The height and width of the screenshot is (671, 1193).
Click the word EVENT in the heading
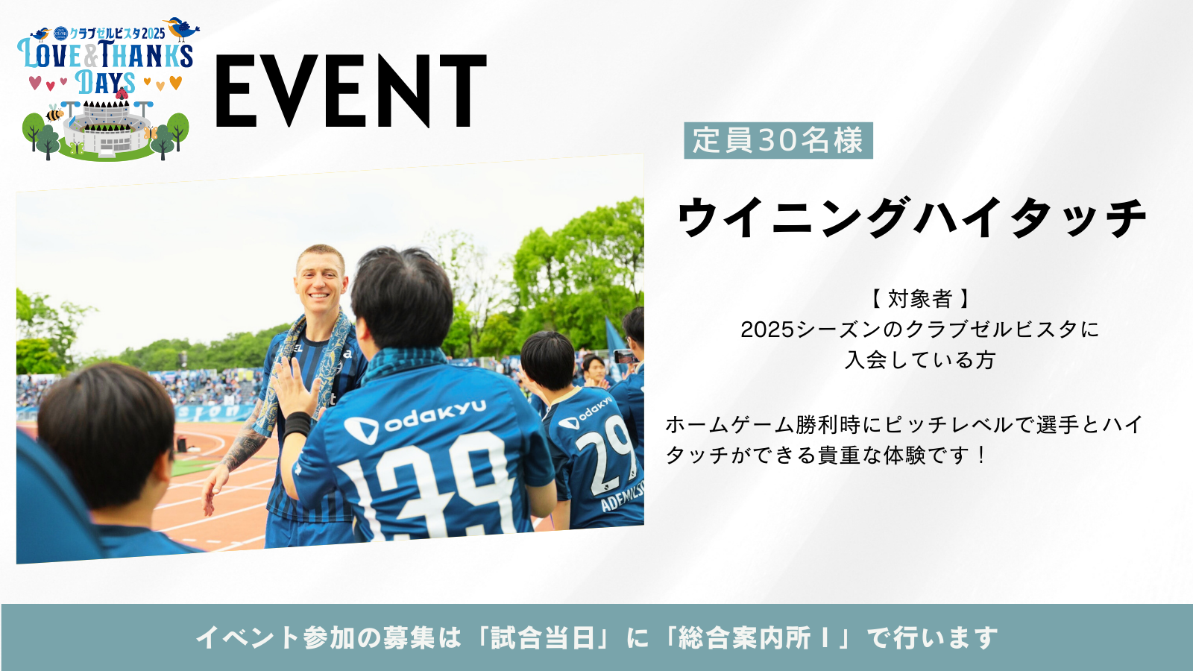point(351,91)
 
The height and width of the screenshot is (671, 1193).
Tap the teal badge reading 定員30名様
point(778,141)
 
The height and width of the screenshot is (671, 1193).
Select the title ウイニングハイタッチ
point(912,217)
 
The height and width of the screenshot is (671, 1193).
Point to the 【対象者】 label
point(920,299)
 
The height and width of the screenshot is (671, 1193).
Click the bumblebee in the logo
point(54,113)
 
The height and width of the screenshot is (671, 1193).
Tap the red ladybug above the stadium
point(122,94)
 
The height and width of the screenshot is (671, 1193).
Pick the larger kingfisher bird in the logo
point(182,28)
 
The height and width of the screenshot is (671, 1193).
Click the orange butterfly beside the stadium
point(150,132)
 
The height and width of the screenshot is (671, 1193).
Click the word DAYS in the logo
point(105,83)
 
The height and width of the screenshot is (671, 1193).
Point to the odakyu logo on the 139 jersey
point(415,420)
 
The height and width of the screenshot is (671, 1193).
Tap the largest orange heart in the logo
point(176,83)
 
